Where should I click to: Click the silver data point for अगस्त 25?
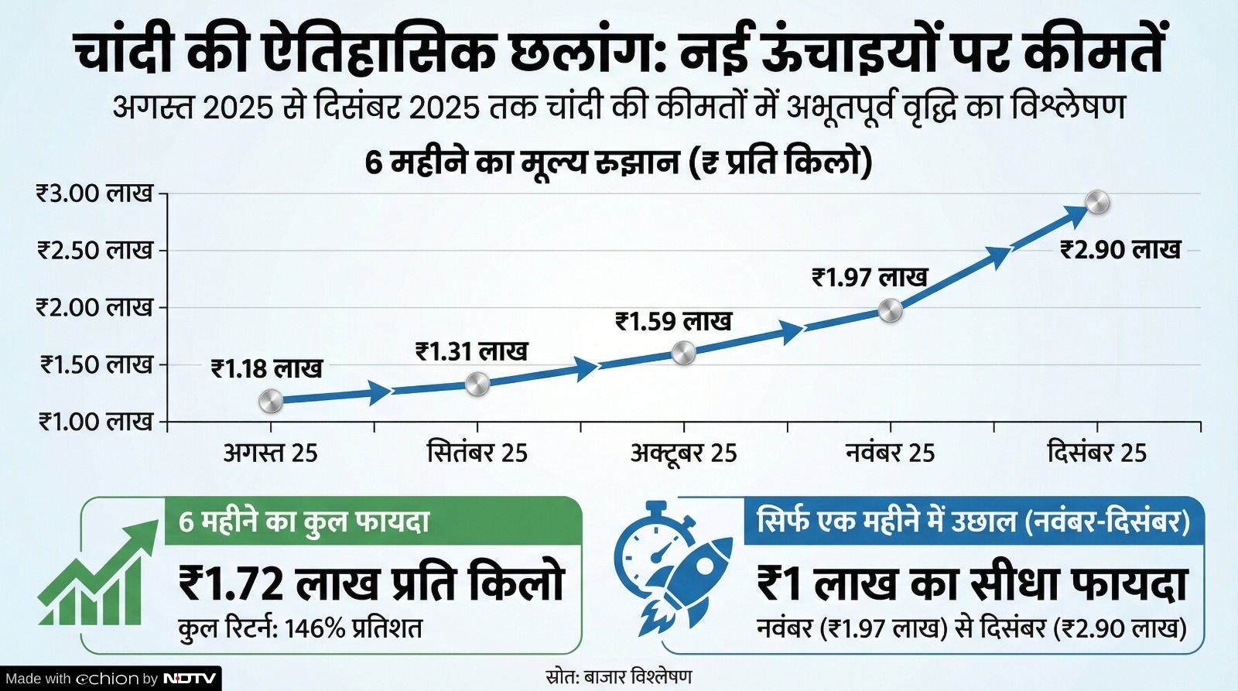pyautogui.click(x=270, y=401)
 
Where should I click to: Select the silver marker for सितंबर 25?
pyautogui.click(x=477, y=384)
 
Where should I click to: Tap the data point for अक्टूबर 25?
pyautogui.click(x=683, y=354)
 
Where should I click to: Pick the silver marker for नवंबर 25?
pyautogui.click(x=891, y=311)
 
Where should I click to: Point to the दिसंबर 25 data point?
pyautogui.click(x=1097, y=203)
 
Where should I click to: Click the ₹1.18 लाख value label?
pyautogui.click(x=266, y=368)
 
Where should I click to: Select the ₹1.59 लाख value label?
pyautogui.click(x=673, y=321)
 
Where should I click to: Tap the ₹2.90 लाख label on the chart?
pyautogui.click(x=1120, y=250)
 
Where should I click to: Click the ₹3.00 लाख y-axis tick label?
pyautogui.click(x=94, y=193)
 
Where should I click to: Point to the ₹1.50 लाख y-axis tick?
pyautogui.click(x=96, y=364)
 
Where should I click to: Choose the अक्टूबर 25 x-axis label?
pyautogui.click(x=683, y=453)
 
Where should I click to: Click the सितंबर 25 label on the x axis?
pyautogui.click(x=477, y=453)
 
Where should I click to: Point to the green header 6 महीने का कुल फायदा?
pyautogui.click(x=303, y=522)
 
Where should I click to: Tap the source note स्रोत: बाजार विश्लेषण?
pyautogui.click(x=618, y=676)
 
